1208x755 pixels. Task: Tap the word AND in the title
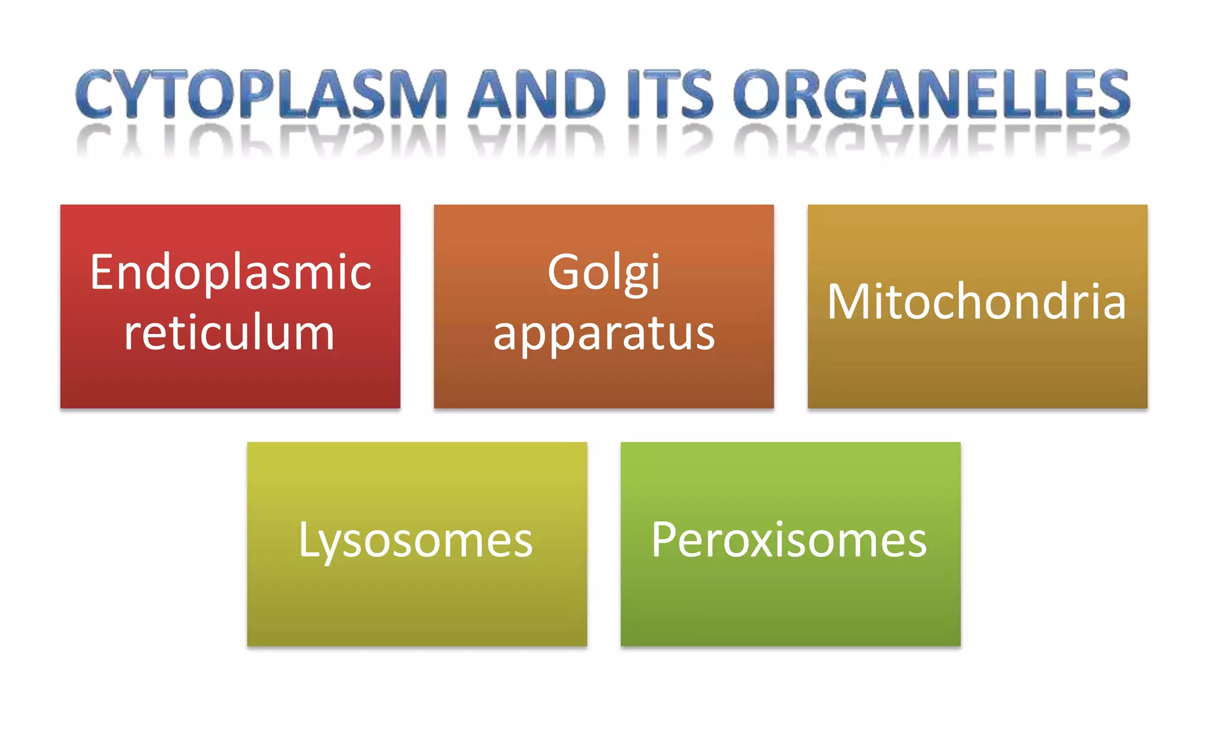(537, 94)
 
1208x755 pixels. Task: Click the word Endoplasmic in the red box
(231, 273)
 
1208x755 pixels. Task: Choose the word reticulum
(229, 333)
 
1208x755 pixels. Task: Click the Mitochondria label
(977, 302)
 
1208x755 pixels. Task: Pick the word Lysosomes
(416, 541)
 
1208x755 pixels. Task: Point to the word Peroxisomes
(789, 540)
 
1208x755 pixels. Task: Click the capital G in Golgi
(565, 272)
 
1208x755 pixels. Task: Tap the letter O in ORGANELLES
(758, 94)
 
